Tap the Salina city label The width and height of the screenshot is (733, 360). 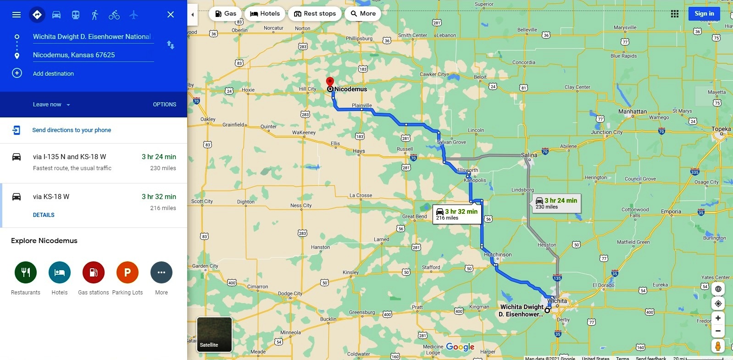pyautogui.click(x=529, y=155)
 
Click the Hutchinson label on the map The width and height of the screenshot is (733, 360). pyautogui.click(x=498, y=255)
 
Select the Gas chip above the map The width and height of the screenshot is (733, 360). pyautogui.click(x=226, y=14)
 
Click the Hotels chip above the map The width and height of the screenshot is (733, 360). pyautogui.click(x=265, y=14)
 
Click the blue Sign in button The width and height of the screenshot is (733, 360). pyautogui.click(x=704, y=14)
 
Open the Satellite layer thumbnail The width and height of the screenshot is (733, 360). pyautogui.click(x=214, y=334)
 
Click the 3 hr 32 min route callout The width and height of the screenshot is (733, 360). pyautogui.click(x=457, y=214)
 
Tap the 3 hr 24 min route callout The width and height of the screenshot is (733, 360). pyautogui.click(x=556, y=203)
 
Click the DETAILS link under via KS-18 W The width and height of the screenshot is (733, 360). pyautogui.click(x=44, y=215)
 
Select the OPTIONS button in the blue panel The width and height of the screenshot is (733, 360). pyautogui.click(x=164, y=105)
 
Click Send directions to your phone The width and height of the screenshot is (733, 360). pyautogui.click(x=72, y=130)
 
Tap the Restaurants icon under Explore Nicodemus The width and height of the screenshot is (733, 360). pyautogui.click(x=26, y=272)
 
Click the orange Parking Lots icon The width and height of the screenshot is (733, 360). pyautogui.click(x=128, y=272)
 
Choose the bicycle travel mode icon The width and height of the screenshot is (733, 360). pyautogui.click(x=114, y=15)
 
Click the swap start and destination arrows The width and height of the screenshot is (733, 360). pyautogui.click(x=170, y=45)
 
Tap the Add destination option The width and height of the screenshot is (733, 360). pyautogui.click(x=53, y=73)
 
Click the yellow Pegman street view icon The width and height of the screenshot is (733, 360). pyautogui.click(x=718, y=346)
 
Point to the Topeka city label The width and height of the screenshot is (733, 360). pyautogui.click(x=721, y=129)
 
